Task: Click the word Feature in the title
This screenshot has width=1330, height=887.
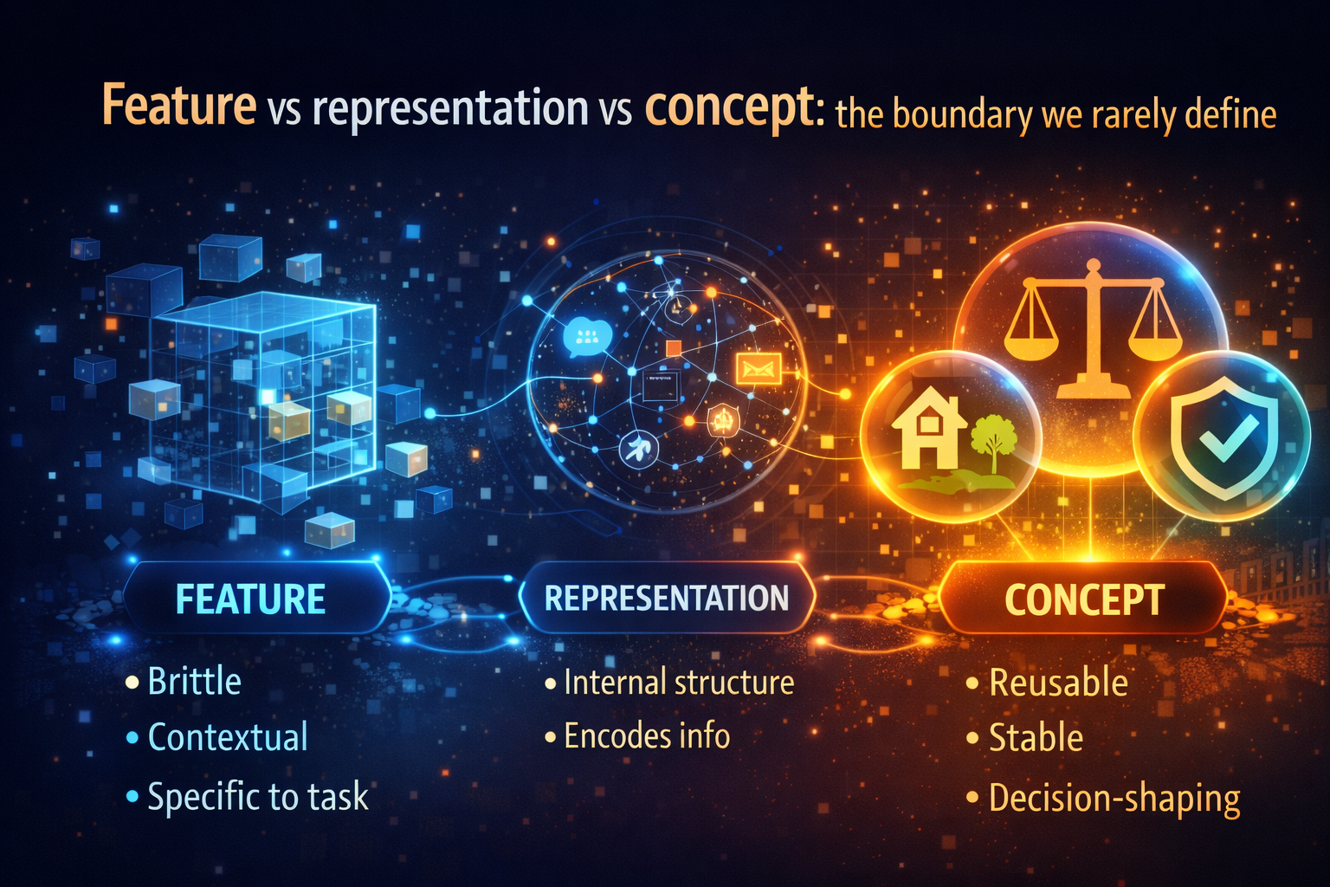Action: [179, 106]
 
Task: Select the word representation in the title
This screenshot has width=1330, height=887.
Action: [450, 109]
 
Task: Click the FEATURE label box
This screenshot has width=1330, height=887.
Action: [251, 599]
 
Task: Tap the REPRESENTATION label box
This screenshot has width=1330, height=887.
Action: [666, 598]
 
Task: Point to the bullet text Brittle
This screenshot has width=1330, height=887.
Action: [194, 682]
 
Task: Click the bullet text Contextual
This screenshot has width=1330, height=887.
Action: [228, 737]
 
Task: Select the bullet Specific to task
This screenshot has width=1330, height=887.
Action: [257, 796]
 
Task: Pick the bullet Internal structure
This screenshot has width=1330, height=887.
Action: [678, 683]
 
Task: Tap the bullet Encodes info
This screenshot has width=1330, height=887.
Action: [647, 736]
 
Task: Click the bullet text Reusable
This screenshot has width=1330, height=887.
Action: [1058, 683]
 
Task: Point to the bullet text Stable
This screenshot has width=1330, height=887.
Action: [1036, 738]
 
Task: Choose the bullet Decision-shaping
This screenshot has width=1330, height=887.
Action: [1114, 798]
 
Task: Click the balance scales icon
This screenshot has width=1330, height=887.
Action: [1092, 329]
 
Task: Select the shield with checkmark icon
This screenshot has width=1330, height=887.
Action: [1223, 437]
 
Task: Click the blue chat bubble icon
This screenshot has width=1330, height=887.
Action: [586, 335]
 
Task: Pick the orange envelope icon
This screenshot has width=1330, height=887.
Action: [758, 369]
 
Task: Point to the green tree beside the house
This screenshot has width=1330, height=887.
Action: [993, 440]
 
